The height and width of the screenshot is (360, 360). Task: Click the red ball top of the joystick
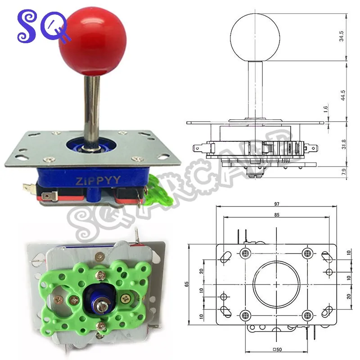(x=93, y=41)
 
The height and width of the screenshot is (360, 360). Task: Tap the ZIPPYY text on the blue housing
(x=98, y=180)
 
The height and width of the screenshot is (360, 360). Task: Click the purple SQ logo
(x=43, y=27)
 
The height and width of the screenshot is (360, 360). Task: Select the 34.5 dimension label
(x=342, y=36)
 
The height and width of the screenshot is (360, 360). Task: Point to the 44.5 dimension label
(x=343, y=95)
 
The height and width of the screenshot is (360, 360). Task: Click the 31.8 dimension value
(x=344, y=144)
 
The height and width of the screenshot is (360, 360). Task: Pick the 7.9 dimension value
(x=344, y=172)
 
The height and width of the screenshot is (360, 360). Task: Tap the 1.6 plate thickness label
(x=325, y=109)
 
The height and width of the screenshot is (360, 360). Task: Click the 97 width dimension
(x=276, y=204)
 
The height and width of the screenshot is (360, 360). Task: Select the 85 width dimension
(x=277, y=215)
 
